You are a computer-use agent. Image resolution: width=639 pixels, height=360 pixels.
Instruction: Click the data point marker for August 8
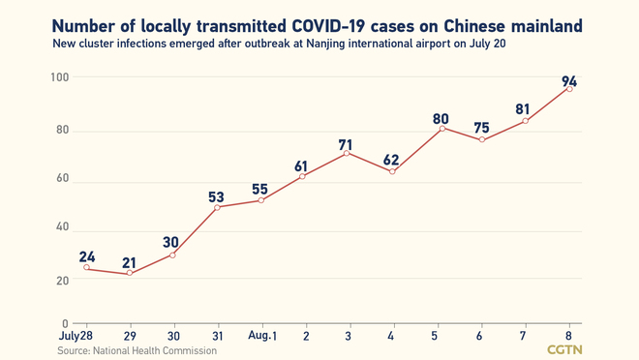(x=568, y=89)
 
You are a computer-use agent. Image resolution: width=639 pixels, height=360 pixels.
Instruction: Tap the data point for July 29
(x=129, y=274)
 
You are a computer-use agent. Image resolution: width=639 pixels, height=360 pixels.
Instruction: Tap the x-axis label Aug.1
(x=261, y=334)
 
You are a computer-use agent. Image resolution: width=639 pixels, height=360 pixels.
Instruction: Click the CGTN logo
(x=565, y=348)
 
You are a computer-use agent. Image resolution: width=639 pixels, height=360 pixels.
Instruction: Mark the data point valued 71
(x=349, y=153)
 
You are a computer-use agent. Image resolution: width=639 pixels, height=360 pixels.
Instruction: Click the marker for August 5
(x=441, y=128)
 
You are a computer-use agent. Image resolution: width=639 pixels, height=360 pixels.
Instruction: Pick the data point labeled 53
(x=217, y=207)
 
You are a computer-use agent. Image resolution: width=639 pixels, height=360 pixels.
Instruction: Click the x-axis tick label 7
(x=525, y=334)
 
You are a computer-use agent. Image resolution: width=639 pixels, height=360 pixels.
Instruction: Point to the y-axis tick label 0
(x=64, y=323)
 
